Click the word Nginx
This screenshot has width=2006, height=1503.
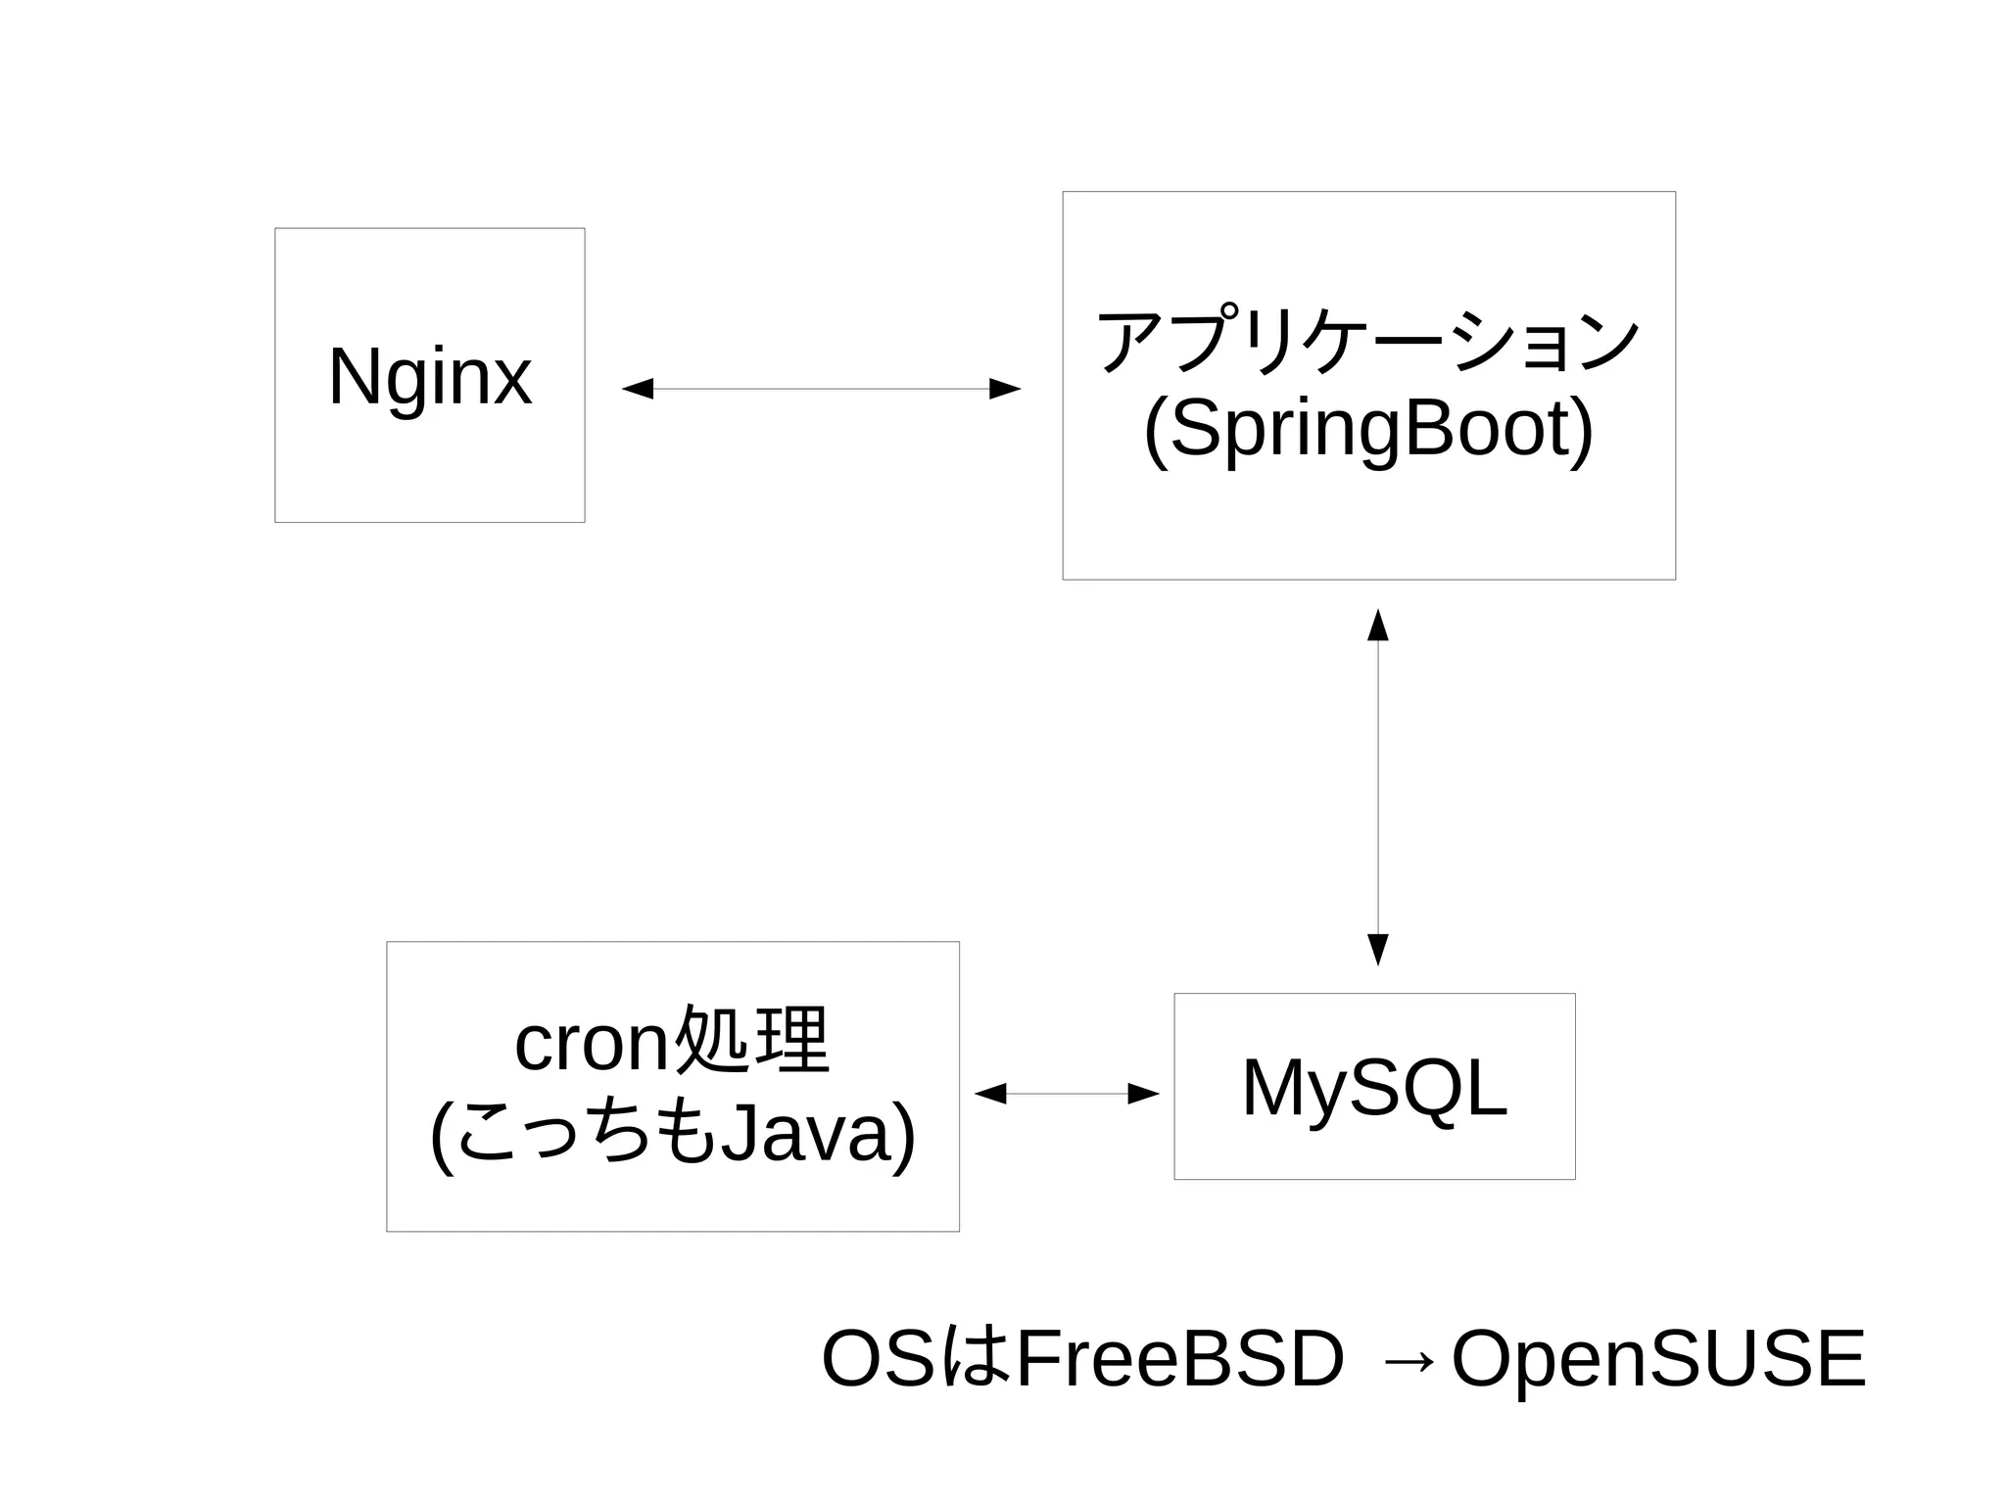430,376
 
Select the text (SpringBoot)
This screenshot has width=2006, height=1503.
1367,430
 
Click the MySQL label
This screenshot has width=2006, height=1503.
1374,1087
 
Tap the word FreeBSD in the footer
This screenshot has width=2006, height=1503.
1180,1358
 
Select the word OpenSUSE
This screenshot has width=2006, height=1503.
1658,1358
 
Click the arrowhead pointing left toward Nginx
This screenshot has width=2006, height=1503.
638,389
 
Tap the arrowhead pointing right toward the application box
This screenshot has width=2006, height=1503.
1005,389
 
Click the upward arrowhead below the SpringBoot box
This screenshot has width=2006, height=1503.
1378,625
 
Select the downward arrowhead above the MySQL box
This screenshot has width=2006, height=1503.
1378,950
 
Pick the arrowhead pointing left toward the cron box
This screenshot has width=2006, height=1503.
990,1094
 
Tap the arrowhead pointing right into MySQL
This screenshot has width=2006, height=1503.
1143,1094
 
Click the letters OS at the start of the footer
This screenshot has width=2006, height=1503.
878,1358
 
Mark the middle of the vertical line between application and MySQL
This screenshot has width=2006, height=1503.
1378,787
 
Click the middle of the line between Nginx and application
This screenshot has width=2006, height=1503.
821,389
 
